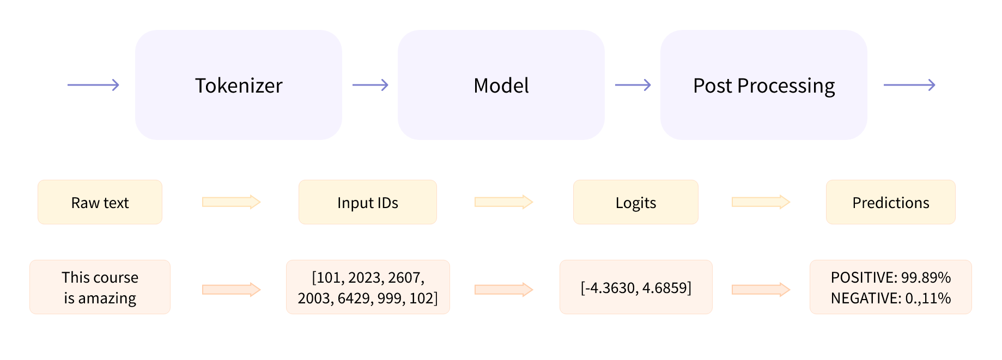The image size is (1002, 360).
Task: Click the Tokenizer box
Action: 239,85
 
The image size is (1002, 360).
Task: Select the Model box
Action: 501,85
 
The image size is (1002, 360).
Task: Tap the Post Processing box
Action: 763,85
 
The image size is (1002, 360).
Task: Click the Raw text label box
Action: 100,203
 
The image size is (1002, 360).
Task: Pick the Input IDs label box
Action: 367,203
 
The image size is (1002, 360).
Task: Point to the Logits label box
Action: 635,203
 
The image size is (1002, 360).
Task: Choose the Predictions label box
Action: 890,203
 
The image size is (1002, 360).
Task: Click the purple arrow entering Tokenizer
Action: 93,85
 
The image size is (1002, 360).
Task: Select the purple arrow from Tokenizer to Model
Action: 370,85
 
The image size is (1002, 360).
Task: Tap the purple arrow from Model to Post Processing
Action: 633,85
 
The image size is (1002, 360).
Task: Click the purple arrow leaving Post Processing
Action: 909,85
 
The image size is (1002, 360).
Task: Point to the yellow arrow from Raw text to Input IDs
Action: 231,202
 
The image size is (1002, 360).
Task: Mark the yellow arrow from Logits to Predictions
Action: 761,202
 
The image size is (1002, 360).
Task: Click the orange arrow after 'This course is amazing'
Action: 231,289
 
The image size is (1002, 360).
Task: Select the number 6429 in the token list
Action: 354,298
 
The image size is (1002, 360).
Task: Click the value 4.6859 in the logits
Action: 666,288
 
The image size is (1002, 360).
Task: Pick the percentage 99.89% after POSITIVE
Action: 926,278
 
